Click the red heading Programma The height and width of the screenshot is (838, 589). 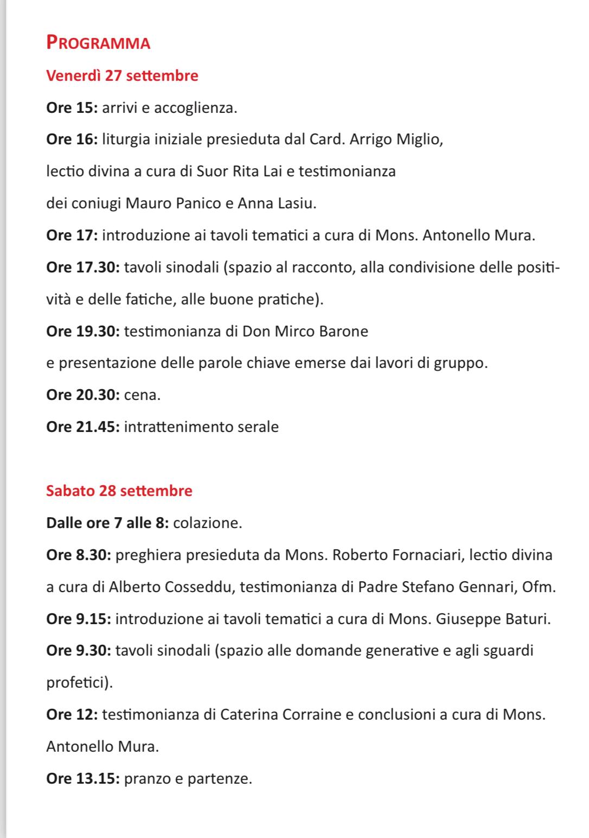[98, 42]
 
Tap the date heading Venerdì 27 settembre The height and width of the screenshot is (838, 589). [122, 75]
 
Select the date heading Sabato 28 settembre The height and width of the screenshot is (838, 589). [119, 491]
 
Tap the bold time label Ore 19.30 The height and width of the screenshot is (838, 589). [83, 331]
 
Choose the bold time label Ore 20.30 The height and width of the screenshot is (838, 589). [83, 395]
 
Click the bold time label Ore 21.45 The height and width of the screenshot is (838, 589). [83, 427]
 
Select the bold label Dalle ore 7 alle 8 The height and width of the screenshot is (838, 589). [108, 523]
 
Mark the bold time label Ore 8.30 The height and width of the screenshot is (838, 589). [79, 555]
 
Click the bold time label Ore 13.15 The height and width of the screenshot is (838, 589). [83, 779]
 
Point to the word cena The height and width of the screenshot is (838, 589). [142, 395]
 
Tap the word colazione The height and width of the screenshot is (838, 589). [207, 523]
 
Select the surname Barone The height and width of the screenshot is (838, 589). [343, 331]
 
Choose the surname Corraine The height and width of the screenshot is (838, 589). [311, 714]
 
